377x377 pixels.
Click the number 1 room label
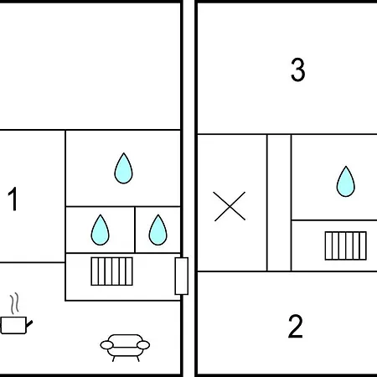[x=13, y=199]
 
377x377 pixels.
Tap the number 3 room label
[x=297, y=70]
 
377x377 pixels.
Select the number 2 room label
[x=296, y=326]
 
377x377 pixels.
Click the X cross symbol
[x=230, y=206]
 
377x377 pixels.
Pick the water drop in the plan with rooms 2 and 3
[x=346, y=182]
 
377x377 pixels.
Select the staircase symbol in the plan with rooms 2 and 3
[x=346, y=245]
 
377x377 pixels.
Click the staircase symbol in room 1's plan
[x=111, y=271]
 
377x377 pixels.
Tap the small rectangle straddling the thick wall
[x=182, y=276]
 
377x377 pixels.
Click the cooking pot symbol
[x=16, y=325]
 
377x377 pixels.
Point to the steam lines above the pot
[x=15, y=303]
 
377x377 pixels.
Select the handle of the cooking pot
[x=29, y=324]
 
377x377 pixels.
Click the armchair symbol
[x=125, y=348]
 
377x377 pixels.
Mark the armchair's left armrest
[x=107, y=345]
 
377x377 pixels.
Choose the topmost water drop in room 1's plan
[x=123, y=168]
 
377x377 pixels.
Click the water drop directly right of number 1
[x=100, y=230]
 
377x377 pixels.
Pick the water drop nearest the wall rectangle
[x=158, y=230]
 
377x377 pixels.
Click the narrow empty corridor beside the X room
[x=279, y=203]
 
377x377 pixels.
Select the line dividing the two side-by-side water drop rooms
[x=135, y=230]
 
